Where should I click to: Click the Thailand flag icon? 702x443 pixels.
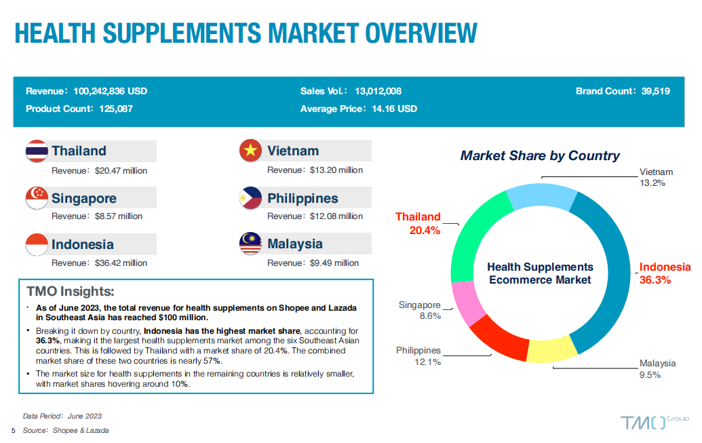(37, 151)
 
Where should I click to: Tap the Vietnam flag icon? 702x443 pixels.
(251, 151)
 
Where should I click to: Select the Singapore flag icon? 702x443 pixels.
(37, 198)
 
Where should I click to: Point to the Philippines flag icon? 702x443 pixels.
(251, 198)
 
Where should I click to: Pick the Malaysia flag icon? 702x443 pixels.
(251, 244)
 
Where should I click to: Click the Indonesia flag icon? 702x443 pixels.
(37, 245)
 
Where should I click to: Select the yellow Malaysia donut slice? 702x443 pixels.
(551, 350)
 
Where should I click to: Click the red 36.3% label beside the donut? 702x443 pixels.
(655, 280)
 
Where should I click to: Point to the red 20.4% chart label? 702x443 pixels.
(425, 231)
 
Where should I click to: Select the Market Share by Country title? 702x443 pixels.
(540, 155)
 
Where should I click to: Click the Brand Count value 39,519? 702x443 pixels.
(655, 92)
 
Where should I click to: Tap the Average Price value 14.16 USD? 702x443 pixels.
(395, 109)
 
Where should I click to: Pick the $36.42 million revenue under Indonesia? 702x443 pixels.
(121, 263)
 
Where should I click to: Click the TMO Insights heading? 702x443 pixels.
(71, 291)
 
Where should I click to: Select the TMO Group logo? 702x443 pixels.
(655, 422)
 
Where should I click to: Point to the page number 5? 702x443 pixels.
(14, 431)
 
